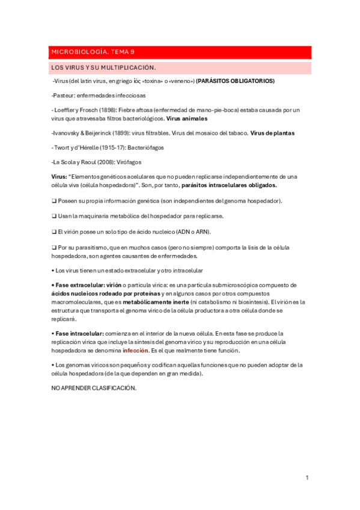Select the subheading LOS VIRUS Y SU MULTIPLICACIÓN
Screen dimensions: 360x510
pyautogui.click(x=104, y=67)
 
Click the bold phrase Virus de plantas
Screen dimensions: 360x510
pyautogui.click(x=272, y=133)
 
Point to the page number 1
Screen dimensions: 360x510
pyautogui.click(x=307, y=478)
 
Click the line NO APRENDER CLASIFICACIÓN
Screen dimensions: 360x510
pyautogui.click(x=94, y=389)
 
